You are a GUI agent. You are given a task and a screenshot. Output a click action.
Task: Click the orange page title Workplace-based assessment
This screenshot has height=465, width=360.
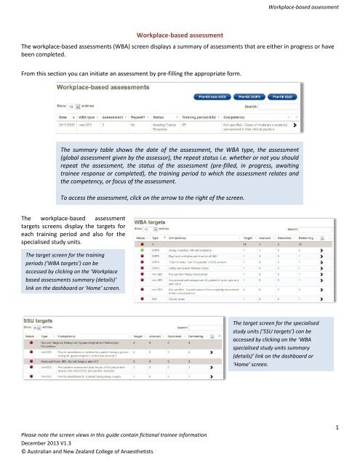(180, 33)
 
